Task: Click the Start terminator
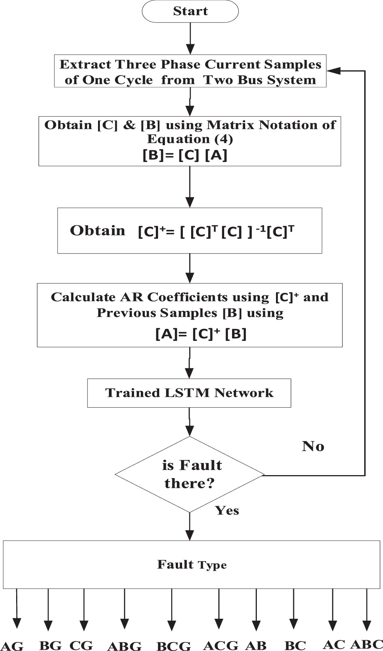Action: pos(190,11)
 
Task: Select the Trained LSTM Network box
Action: pos(189,393)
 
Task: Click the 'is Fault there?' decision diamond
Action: pos(190,474)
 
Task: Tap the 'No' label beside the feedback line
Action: pos(313,446)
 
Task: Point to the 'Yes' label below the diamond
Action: pos(227,510)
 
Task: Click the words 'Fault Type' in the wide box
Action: pos(191,564)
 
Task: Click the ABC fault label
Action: pos(366,644)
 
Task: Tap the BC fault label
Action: pos(295,645)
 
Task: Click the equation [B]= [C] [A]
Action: pos(185,155)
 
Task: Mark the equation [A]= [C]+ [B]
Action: pos(201,334)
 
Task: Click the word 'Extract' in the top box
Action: pos(86,64)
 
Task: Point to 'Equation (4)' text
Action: pos(190,139)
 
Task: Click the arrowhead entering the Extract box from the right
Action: pos(333,70)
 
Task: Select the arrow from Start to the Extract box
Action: pos(190,37)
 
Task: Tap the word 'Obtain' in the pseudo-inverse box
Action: pos(97,231)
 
